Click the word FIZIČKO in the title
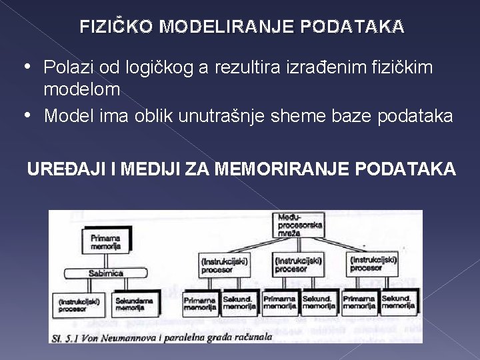pyautogui.click(x=117, y=27)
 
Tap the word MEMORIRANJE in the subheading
pyautogui.click(x=293, y=169)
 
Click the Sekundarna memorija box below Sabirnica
pyautogui.click(x=135, y=304)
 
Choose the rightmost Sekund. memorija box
pyautogui.click(x=399, y=303)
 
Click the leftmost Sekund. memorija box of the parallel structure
pyautogui.click(x=239, y=303)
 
